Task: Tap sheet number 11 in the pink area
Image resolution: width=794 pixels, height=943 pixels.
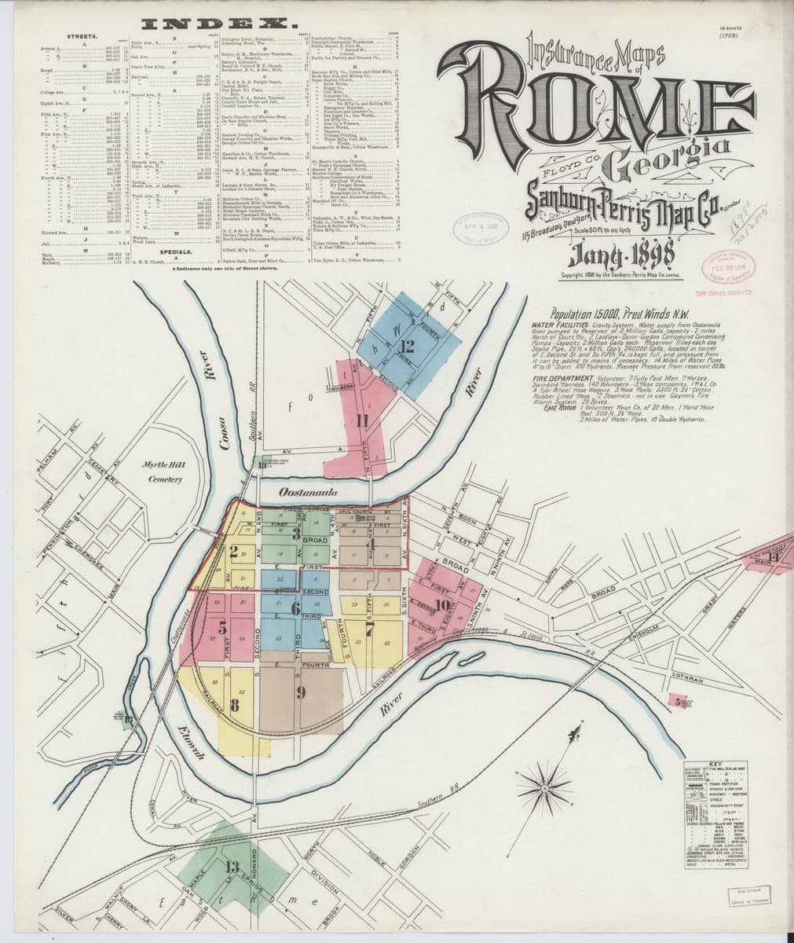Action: pyautogui.click(x=361, y=420)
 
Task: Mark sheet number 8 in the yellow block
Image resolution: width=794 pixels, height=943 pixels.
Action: pyautogui.click(x=235, y=704)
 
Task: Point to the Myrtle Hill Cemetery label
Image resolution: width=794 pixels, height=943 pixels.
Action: pyautogui.click(x=163, y=473)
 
